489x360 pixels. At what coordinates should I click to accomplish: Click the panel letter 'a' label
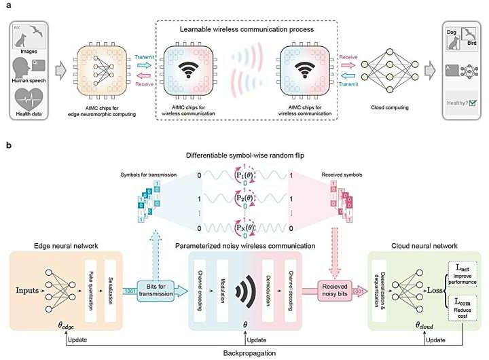[8, 6]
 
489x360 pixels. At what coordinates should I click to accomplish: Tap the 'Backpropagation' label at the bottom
[244, 353]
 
